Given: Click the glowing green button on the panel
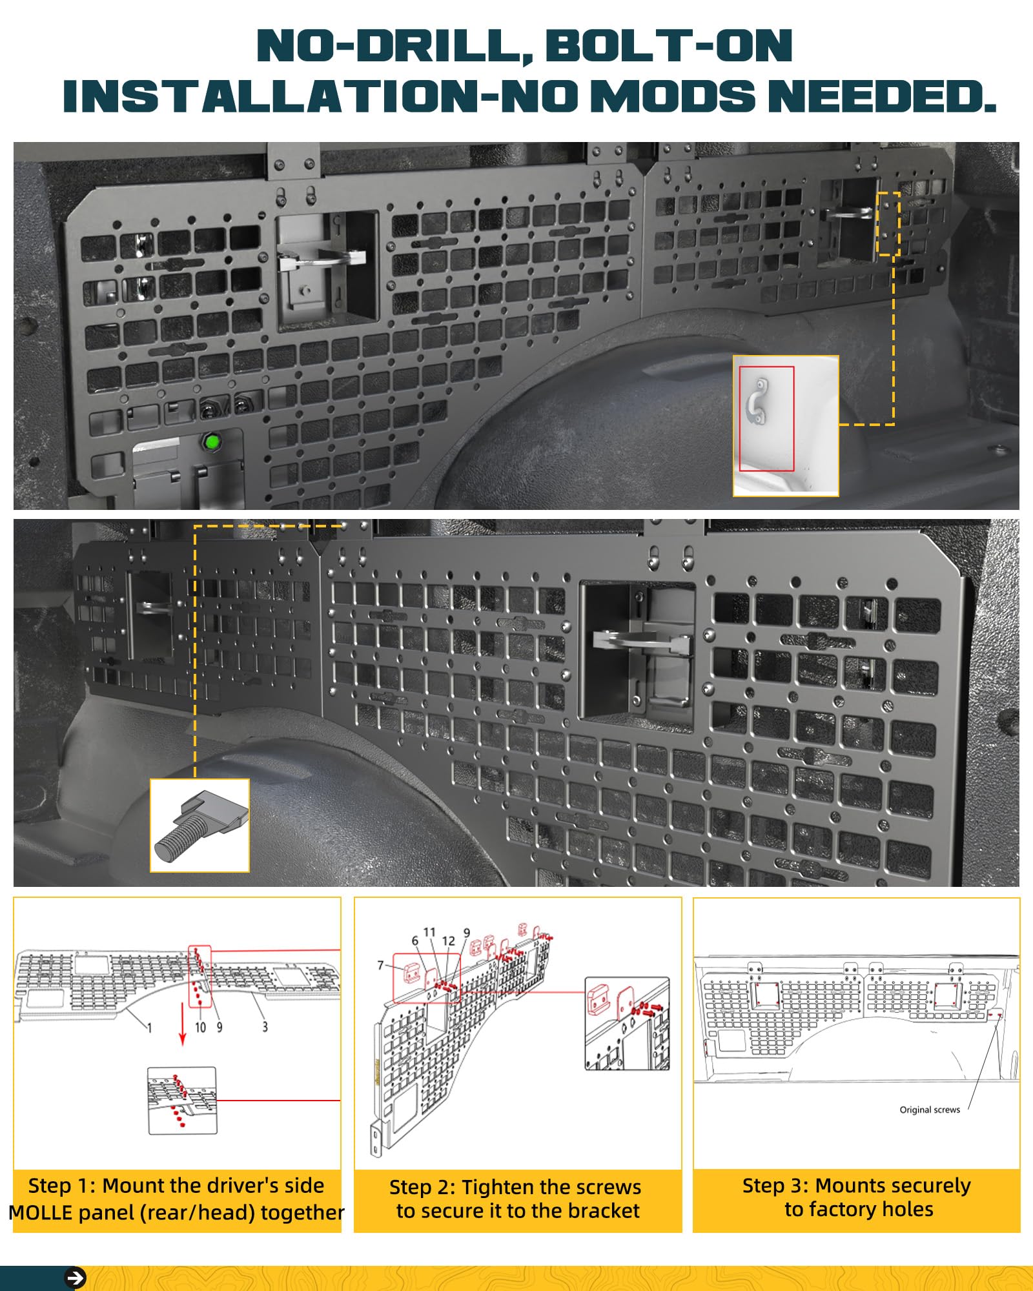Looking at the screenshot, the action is (211, 443).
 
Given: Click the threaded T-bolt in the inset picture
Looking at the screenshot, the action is (198, 826).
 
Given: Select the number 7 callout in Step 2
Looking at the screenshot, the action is (381, 966).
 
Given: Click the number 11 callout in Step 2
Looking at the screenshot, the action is (430, 932).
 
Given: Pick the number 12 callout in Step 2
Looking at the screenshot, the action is (449, 941).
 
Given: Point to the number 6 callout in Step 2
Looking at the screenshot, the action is (415, 941).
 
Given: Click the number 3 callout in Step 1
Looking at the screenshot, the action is (265, 1026).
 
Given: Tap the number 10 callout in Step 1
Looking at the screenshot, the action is (201, 1026).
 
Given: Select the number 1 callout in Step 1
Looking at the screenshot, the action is (150, 1027).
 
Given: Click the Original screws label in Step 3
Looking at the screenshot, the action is (930, 1110).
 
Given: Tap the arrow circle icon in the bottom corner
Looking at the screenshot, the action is (76, 1278).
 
